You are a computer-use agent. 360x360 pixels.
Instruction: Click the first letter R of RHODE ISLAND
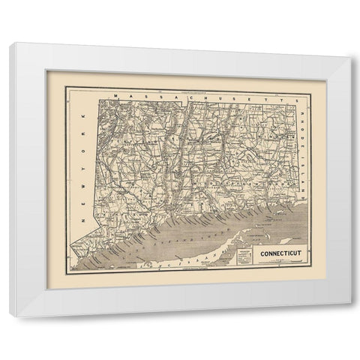[x=303, y=103]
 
